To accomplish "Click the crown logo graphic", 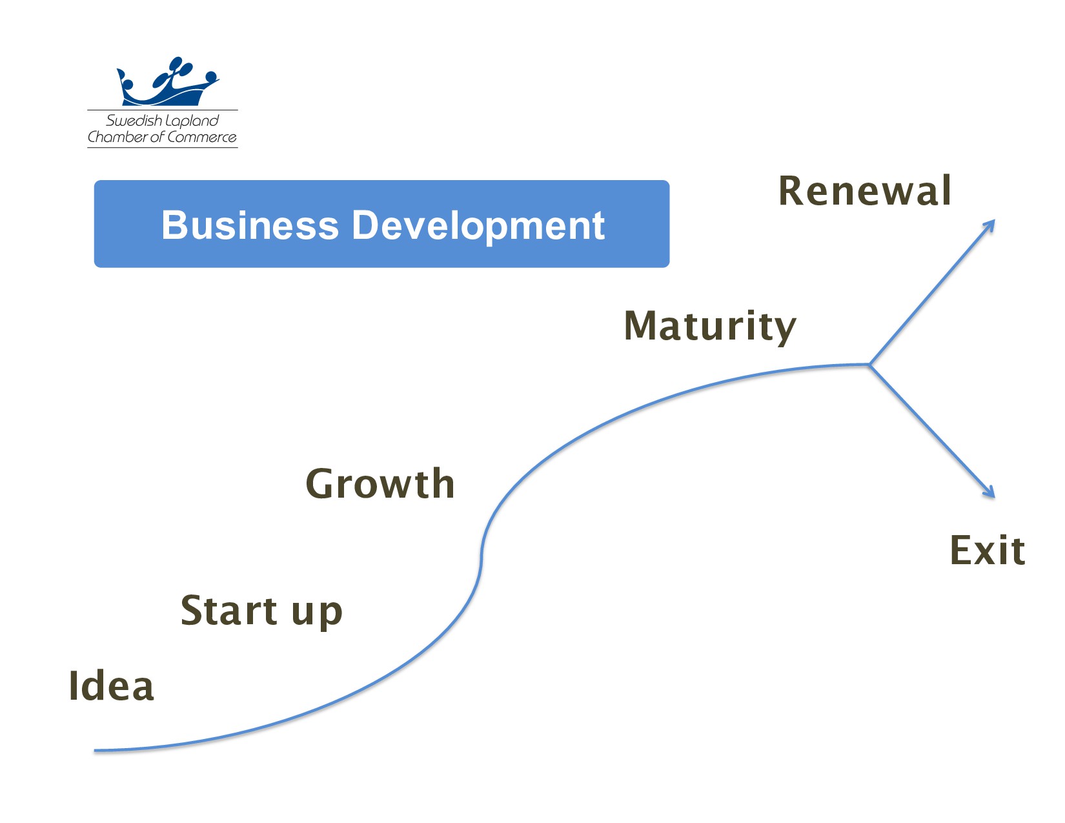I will click(167, 83).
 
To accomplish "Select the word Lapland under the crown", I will click(192, 121).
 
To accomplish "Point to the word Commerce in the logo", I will click(201, 137).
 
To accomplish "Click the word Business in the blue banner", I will click(250, 225).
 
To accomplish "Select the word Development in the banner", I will click(478, 225).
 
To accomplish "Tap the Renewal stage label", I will click(865, 191).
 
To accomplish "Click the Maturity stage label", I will click(710, 326).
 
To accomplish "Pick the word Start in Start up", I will click(229, 610).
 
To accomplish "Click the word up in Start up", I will click(317, 613).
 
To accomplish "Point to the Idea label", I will click(111, 686).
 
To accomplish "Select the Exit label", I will click(987, 551).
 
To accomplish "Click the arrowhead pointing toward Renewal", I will click(991, 224).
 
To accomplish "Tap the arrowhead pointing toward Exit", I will click(990, 493).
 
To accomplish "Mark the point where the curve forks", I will click(869, 365).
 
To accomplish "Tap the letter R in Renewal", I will click(791, 191).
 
